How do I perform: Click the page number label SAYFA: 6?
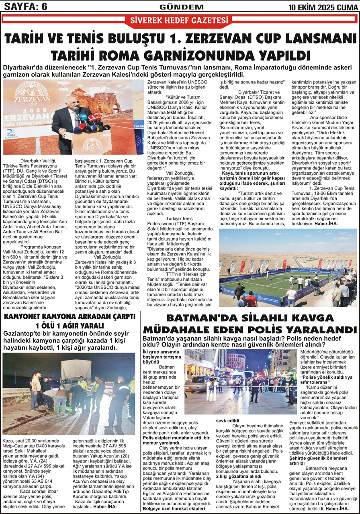(x=25, y=6)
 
